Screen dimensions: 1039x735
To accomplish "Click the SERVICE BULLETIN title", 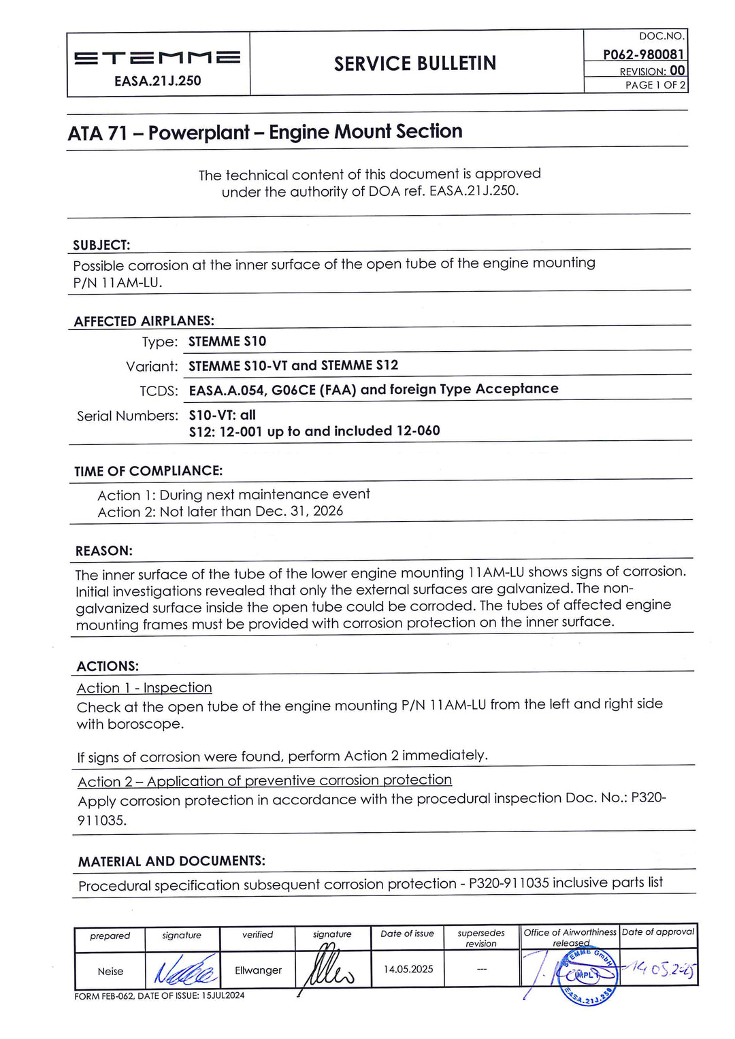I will point(415,63).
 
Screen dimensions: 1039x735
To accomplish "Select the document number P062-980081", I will point(643,54).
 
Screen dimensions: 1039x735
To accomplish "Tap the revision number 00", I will point(677,70).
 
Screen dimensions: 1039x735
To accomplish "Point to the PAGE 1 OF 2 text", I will point(655,85).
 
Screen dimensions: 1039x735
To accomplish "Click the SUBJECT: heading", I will point(101,245).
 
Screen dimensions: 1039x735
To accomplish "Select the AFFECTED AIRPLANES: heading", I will point(144,320).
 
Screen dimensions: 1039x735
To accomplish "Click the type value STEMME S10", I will point(227,342).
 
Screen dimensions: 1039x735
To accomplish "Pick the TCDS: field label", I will point(159,391).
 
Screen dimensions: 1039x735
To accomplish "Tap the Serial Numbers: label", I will point(127,416).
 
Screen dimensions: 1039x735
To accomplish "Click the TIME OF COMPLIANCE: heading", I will point(148,471).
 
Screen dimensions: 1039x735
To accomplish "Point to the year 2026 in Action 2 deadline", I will point(328,511).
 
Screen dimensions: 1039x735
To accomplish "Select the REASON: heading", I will point(104,550).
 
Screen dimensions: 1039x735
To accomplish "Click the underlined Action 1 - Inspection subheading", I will point(144,688).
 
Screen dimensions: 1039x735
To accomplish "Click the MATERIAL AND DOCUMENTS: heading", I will point(171,861).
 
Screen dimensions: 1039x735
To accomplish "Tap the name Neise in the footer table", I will point(110,971).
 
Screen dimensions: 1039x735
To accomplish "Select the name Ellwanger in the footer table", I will point(258,970).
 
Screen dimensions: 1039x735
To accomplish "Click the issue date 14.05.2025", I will point(408,969).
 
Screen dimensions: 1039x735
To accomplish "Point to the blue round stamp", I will point(587,974).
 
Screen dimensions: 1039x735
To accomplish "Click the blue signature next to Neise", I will point(184,970).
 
